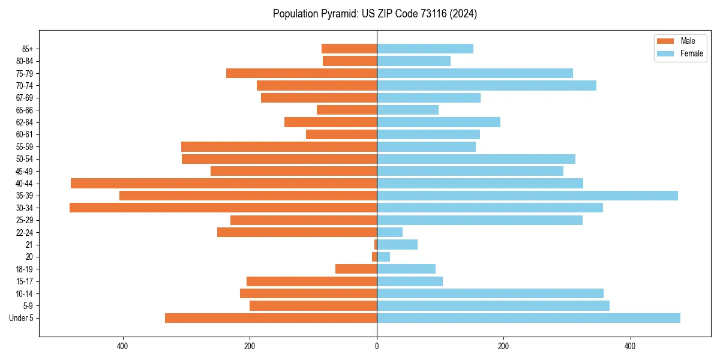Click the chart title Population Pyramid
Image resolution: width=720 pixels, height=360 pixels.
point(375,14)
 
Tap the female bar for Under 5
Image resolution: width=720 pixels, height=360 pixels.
point(528,318)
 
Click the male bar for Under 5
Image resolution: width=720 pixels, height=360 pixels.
point(271,318)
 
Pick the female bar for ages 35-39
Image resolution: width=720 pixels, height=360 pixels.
point(527,196)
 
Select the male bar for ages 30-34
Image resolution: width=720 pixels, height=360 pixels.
point(223,208)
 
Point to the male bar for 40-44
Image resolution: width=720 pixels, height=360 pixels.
point(224,183)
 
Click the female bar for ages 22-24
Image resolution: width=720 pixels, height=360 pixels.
point(389,232)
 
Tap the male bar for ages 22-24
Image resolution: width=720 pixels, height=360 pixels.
point(297,232)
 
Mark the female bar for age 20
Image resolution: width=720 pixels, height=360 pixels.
point(383,257)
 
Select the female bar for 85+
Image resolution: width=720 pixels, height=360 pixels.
point(425,49)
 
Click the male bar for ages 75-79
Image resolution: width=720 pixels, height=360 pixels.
point(301,73)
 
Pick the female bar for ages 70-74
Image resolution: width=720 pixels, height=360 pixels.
point(486,85)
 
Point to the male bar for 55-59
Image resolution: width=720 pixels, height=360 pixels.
point(279,146)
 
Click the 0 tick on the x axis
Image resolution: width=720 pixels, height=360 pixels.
point(377,346)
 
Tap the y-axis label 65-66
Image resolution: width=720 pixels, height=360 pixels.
point(25,110)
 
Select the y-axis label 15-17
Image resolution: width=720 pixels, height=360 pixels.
point(25,281)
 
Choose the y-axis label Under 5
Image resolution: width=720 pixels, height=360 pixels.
point(22,318)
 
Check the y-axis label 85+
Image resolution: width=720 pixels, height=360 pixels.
point(28,49)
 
